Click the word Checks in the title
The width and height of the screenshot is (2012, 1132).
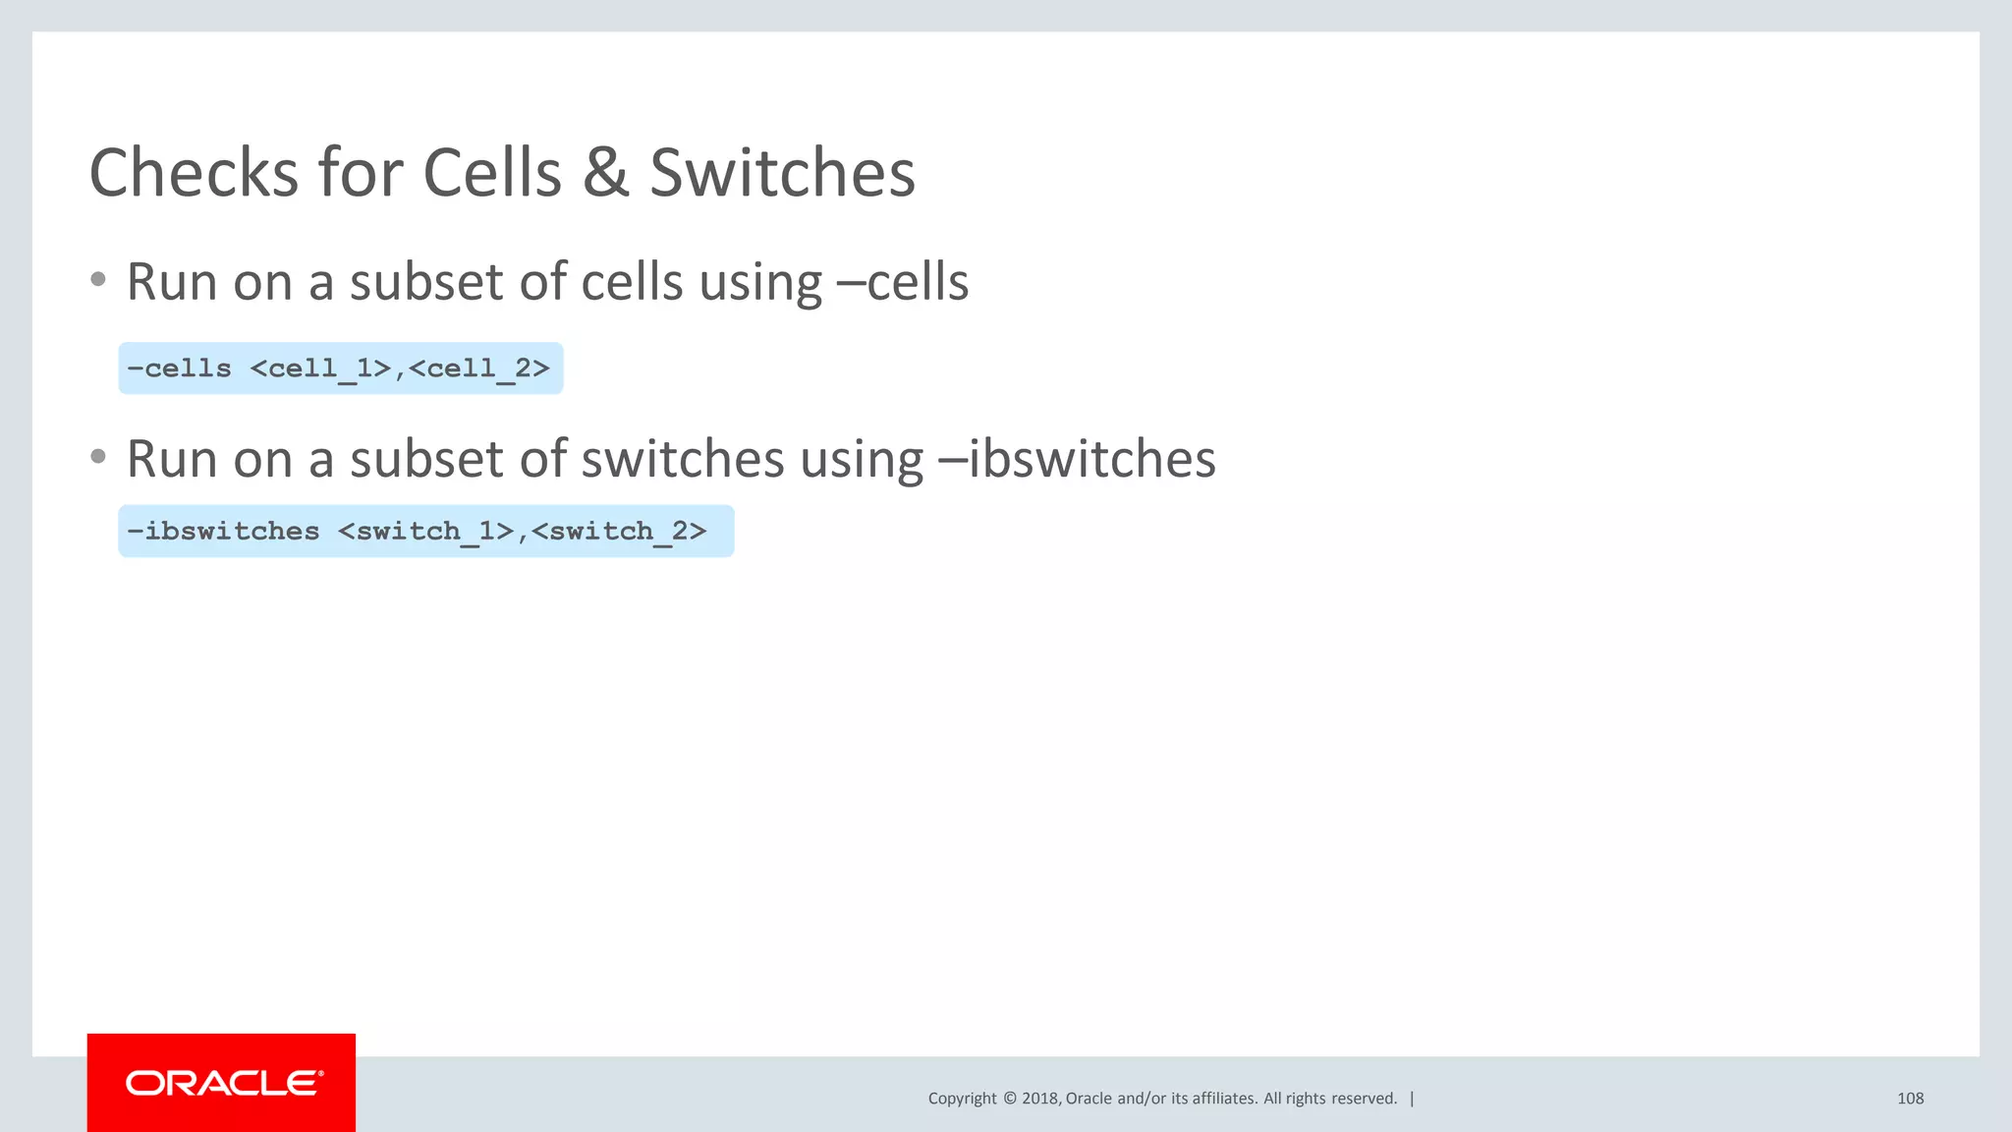coord(193,173)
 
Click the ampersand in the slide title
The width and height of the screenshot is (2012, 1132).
coord(605,173)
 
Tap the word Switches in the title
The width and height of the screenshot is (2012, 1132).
coord(782,173)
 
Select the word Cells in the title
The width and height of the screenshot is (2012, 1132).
coord(492,173)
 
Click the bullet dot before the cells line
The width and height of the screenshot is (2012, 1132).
coord(97,280)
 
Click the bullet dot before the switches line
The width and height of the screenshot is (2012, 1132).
coord(97,457)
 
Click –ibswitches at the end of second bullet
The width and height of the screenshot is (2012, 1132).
coord(1077,459)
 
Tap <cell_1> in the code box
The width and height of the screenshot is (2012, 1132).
coord(320,368)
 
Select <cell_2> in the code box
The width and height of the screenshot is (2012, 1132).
coord(479,368)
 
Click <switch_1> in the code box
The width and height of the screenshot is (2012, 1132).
coord(426,532)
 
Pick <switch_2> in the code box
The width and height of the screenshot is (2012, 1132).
coord(619,532)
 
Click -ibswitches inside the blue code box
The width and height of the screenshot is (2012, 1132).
coord(223,532)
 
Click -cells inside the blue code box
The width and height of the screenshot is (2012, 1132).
coord(180,368)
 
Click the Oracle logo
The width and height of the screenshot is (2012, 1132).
coord(222,1083)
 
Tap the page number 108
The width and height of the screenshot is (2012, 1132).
coord(1910,1099)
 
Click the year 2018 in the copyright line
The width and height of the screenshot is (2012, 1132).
coord(1040,1099)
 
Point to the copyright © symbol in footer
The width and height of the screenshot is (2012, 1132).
coord(1009,1099)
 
